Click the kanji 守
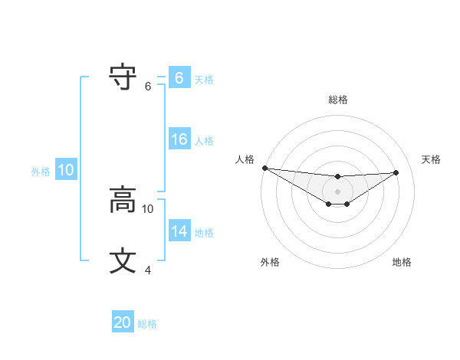123,77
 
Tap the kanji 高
123,201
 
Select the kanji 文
123,261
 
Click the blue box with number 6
179,77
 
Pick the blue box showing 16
179,139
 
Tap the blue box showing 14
179,231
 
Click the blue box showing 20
123,322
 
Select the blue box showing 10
65,171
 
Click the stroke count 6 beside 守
148,87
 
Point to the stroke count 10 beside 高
148,208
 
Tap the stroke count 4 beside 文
148,270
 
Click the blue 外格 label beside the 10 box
41,172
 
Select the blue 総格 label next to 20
147,324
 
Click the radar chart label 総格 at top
337,100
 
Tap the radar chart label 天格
431,159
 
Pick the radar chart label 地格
402,262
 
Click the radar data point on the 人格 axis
264,168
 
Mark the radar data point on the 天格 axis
396,172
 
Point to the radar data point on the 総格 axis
337,177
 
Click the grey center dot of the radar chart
337,191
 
